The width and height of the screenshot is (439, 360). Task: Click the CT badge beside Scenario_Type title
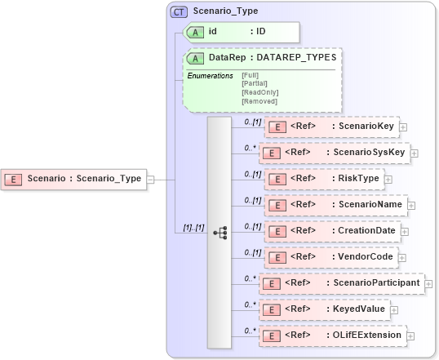point(178,11)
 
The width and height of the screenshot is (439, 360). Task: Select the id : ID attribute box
point(241,32)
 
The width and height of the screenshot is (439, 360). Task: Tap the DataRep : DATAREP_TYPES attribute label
point(261,58)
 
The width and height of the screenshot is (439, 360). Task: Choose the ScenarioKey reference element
point(330,127)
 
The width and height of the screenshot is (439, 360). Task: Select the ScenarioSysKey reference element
point(334,153)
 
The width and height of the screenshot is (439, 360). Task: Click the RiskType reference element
point(321,178)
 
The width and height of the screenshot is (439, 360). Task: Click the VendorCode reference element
point(331,257)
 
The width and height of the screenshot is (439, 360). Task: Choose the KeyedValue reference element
point(327,309)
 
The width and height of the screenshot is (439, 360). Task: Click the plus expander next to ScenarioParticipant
point(428,283)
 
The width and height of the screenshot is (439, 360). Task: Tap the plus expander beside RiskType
point(388,179)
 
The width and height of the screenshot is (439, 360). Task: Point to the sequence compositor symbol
point(219,232)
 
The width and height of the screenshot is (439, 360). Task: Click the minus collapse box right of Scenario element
point(150,179)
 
